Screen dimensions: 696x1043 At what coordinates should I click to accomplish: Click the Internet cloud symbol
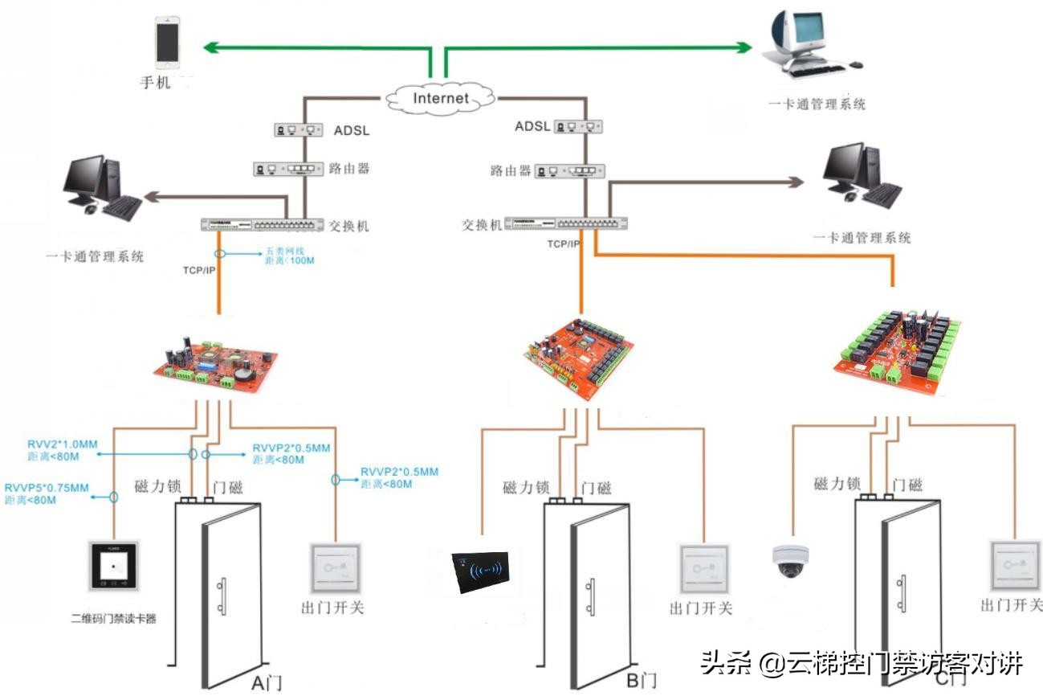click(440, 98)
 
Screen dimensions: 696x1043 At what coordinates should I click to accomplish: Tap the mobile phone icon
click(168, 45)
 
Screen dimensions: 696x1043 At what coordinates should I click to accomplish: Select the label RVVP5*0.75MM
click(47, 488)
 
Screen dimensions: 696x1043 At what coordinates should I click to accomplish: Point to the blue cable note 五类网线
click(283, 251)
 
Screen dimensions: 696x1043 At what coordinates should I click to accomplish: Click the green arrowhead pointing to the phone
click(214, 47)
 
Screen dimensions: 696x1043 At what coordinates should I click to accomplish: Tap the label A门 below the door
click(267, 684)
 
